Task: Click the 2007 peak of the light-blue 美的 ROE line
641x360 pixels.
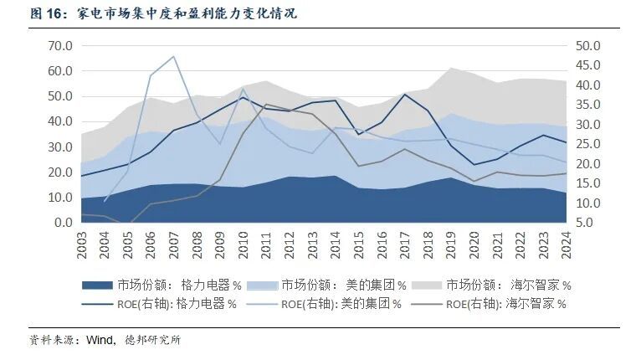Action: (173, 57)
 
